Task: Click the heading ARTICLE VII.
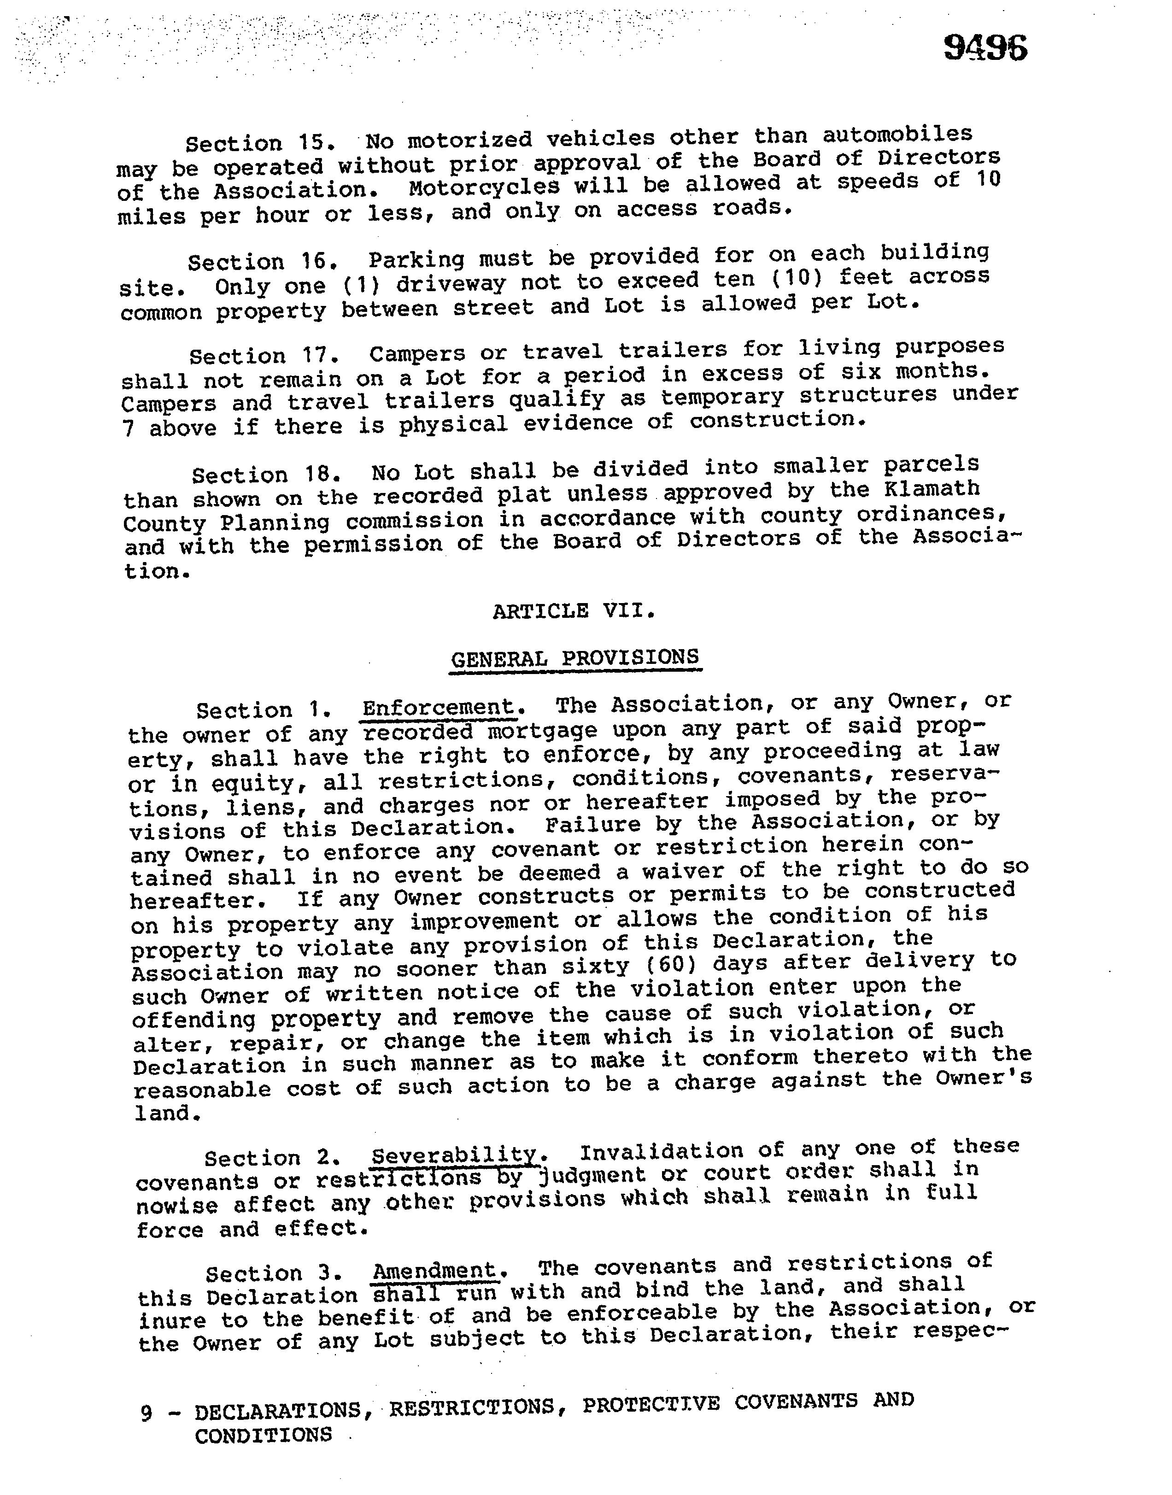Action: pyautogui.click(x=574, y=610)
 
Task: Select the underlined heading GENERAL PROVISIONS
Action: pyautogui.click(x=575, y=659)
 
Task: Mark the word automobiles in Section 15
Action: pyautogui.click(x=897, y=135)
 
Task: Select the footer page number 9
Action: pyautogui.click(x=146, y=1413)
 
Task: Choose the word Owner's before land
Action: pyautogui.click(x=983, y=1078)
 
